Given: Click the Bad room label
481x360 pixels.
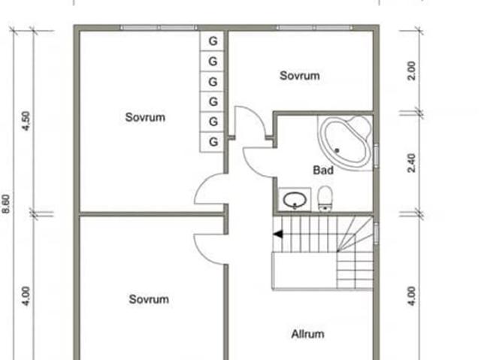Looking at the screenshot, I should click(x=323, y=171).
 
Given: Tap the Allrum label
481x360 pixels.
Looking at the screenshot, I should click(x=307, y=334).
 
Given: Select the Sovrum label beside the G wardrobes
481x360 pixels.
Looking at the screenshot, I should click(x=145, y=117).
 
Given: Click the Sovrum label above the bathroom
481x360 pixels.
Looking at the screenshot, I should click(x=300, y=75).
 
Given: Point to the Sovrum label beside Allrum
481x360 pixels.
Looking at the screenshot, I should click(x=148, y=299).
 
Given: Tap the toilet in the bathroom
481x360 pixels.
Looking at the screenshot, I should click(x=325, y=199).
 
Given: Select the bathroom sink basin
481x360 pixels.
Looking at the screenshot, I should click(x=294, y=200).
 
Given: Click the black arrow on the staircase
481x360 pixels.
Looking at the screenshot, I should click(x=277, y=234).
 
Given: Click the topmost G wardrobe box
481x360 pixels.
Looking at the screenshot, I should click(x=213, y=40).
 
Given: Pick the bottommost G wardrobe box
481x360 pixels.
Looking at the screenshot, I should click(x=213, y=141).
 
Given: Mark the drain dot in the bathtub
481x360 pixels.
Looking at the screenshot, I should click(x=337, y=151).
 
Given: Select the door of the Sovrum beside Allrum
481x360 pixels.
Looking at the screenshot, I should click(x=210, y=249).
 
